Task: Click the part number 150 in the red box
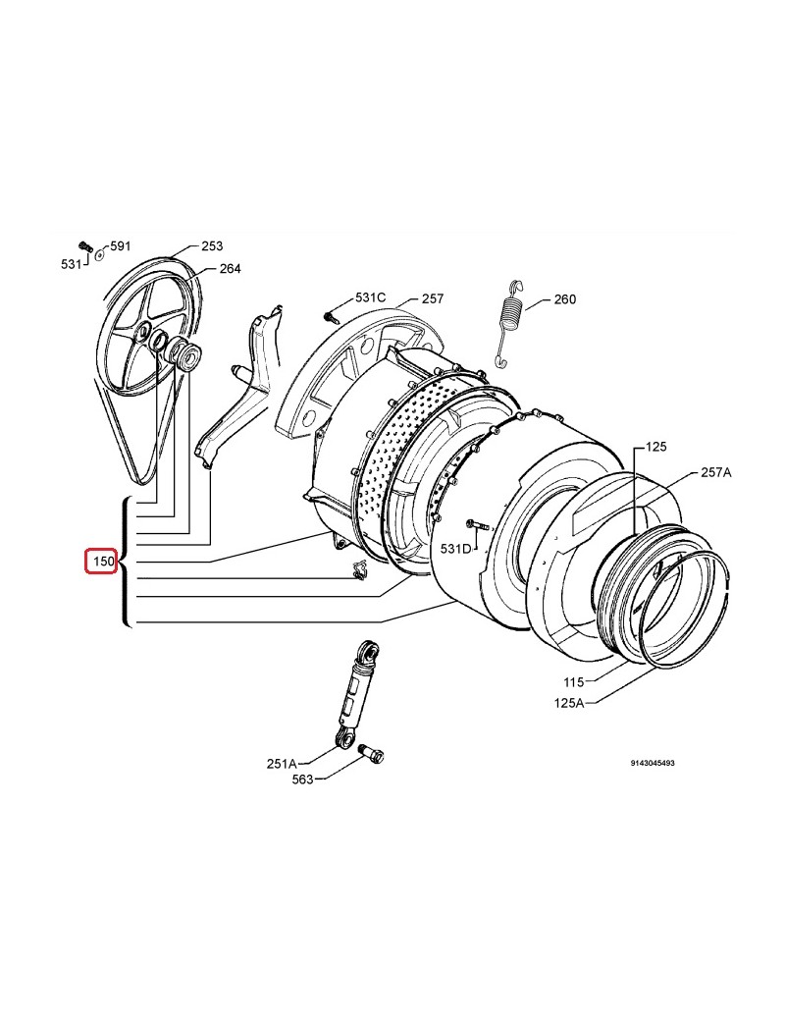[x=103, y=562]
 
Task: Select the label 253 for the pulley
[x=212, y=245]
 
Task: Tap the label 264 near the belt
[x=230, y=268]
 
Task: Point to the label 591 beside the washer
[x=121, y=245]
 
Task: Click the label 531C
[x=370, y=297]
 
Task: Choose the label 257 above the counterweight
[x=432, y=298]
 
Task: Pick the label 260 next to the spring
[x=565, y=298]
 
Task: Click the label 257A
[x=716, y=472]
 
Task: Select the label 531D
[x=455, y=549]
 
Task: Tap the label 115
[x=573, y=681]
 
